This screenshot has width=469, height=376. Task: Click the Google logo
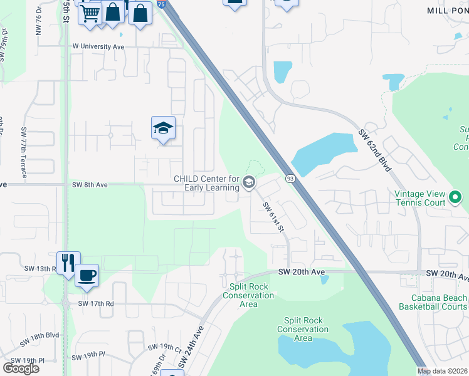pyautogui.click(x=21, y=368)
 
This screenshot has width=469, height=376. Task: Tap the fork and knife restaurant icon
pyautogui.click(x=67, y=262)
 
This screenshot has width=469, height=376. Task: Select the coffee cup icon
pyautogui.click(x=87, y=274)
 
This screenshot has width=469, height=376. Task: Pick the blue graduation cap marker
pyautogui.click(x=163, y=128)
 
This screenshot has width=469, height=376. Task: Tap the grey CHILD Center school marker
pyautogui.click(x=249, y=183)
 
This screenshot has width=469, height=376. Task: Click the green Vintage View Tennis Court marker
pyautogui.click(x=456, y=199)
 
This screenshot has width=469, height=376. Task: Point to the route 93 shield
pyautogui.click(x=290, y=179)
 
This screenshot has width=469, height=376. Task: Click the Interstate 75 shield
pyautogui.click(x=162, y=4)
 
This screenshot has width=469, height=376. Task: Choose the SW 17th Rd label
pyautogui.click(x=96, y=303)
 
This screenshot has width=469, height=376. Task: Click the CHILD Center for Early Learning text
pyautogui.click(x=207, y=183)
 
